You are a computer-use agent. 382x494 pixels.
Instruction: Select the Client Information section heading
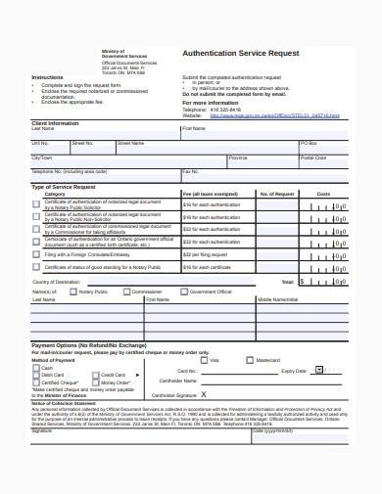(56, 122)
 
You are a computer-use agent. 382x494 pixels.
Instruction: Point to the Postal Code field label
(313, 157)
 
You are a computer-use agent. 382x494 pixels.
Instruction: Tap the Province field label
(237, 157)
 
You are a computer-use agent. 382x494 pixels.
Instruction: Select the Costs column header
(323, 194)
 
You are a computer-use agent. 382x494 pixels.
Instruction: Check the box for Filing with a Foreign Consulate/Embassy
(36, 252)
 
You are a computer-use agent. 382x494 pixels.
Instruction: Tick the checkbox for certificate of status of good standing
(36, 266)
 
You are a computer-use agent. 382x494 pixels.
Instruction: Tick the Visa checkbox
(205, 360)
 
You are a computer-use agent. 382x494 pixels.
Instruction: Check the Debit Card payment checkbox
(36, 375)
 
